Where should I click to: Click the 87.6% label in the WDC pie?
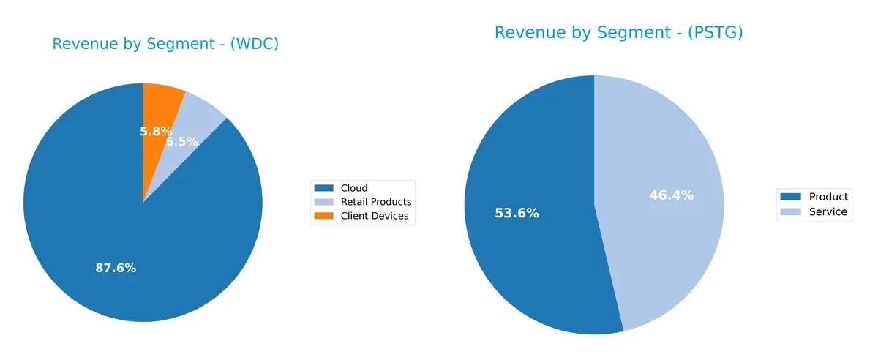point(116,268)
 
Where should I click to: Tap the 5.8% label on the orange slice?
point(156,132)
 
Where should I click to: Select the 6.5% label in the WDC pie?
point(181,142)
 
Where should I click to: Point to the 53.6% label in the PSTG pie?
point(517,214)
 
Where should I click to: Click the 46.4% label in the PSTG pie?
point(671,195)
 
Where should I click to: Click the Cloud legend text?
point(354,188)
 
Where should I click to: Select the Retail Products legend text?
point(376,202)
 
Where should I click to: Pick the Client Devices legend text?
point(375,216)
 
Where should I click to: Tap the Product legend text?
point(828,197)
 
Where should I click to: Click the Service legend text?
point(828,212)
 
